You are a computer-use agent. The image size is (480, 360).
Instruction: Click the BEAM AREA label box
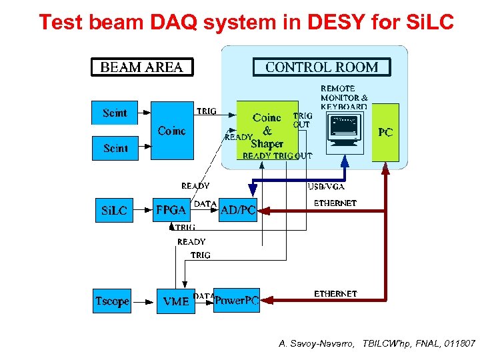[142, 67]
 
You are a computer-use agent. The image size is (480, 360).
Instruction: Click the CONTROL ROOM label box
[321, 67]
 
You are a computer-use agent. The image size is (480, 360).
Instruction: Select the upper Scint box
[115, 113]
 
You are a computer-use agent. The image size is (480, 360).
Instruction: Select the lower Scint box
[115, 148]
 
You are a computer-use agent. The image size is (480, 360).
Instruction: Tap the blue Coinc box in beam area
[172, 131]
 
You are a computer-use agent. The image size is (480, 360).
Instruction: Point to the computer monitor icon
[345, 131]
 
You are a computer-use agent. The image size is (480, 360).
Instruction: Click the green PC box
[385, 133]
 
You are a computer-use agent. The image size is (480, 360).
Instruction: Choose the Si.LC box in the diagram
[114, 211]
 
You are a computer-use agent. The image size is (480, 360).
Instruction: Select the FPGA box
[171, 210]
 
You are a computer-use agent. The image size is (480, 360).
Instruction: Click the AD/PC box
[238, 211]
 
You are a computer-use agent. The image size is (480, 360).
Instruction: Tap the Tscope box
[112, 301]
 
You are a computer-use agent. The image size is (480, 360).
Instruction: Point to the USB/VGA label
[326, 187]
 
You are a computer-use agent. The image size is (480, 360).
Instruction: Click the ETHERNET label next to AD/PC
[335, 203]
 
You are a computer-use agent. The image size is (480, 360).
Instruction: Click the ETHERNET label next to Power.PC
[335, 293]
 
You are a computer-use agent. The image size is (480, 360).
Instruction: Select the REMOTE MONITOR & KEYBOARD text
[343, 97]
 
